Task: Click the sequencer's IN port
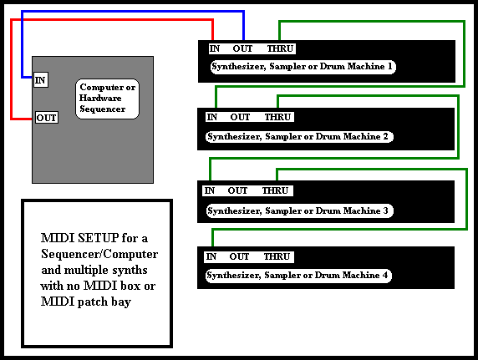click(41, 80)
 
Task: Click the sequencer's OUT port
click(47, 118)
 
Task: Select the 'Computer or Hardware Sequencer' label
click(107, 99)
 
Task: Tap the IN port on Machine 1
click(215, 48)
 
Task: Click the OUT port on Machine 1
click(242, 48)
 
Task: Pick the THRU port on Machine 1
click(280, 48)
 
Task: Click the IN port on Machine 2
click(212, 117)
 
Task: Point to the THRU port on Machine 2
click(277, 117)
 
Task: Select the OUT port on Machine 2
click(240, 117)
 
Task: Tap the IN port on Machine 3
click(210, 190)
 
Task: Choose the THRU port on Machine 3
click(275, 190)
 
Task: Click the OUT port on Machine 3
click(238, 190)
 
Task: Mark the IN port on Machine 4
click(211, 256)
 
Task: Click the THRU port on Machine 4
click(277, 256)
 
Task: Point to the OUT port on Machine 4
click(239, 256)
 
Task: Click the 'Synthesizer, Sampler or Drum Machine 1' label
click(303, 67)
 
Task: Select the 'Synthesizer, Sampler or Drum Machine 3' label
click(299, 211)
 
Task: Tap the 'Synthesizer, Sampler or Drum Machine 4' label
click(298, 276)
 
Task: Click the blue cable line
click(133, 12)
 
